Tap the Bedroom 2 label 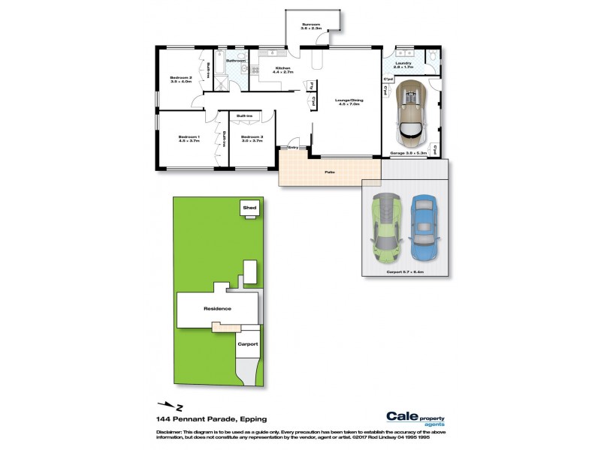tap(181, 79)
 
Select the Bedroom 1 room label tap(189, 138)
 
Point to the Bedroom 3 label tap(252, 138)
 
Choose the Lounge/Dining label tap(347, 102)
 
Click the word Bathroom tap(236, 60)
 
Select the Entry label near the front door tap(293, 148)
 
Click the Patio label tap(329, 173)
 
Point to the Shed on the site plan tap(248, 208)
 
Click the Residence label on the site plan tap(218, 308)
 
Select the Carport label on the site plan tap(248, 343)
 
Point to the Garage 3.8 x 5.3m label tap(409, 153)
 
